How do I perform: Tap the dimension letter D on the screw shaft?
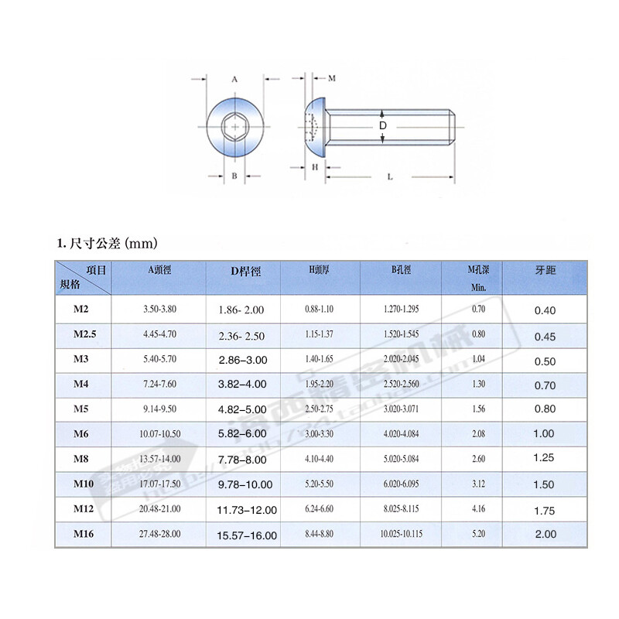[382, 125]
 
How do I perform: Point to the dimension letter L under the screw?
[389, 176]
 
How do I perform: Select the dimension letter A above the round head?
[234, 79]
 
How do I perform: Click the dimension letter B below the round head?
[234, 176]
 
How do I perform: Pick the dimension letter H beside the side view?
[316, 166]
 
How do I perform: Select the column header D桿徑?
[246, 272]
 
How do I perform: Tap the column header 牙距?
[545, 271]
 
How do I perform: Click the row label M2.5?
[83, 334]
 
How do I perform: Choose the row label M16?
[83, 533]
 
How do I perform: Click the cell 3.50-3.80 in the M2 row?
[160, 309]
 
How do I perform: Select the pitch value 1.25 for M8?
[544, 458]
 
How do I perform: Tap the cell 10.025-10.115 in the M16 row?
[401, 534]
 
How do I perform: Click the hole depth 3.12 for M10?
[477, 484]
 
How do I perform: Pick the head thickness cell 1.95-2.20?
[319, 385]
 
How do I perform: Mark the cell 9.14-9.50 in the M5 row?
[160, 409]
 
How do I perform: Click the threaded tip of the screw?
[452, 126]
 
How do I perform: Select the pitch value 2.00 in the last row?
[544, 534]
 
